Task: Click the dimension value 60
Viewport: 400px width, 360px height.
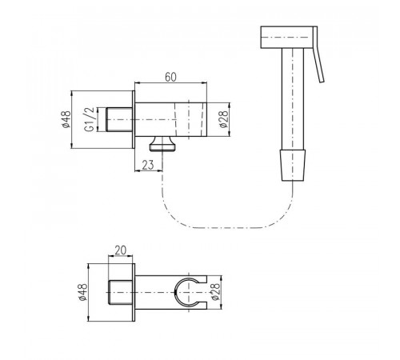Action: pyautogui.click(x=170, y=77)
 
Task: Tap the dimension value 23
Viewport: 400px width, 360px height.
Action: pyautogui.click(x=148, y=165)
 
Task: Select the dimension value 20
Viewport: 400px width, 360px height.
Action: pyautogui.click(x=120, y=250)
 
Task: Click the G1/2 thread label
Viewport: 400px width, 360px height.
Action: pyautogui.click(x=90, y=119)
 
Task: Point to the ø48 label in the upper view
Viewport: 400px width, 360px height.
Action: pyautogui.click(x=66, y=119)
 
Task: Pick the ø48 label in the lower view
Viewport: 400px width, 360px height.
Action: pyautogui.click(x=83, y=292)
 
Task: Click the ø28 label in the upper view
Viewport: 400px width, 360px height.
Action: pyautogui.click(x=224, y=119)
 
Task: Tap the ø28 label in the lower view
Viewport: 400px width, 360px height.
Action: pyautogui.click(x=216, y=292)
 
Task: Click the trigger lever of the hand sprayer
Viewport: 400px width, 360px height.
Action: pyautogui.click(x=318, y=54)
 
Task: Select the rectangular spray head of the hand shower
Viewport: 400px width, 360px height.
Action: pyautogui.click(x=287, y=38)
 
